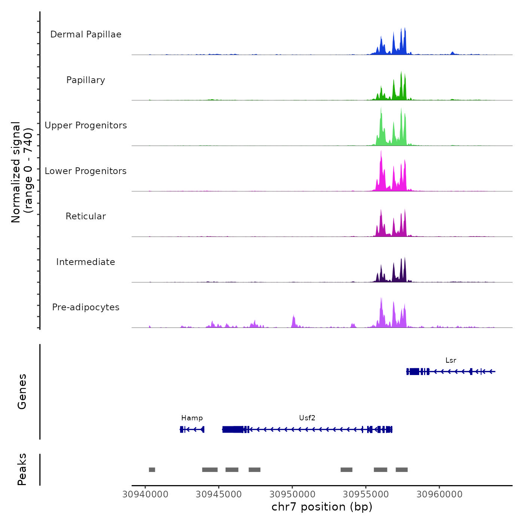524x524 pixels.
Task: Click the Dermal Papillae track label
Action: click(86, 34)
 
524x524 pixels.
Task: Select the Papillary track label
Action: click(86, 80)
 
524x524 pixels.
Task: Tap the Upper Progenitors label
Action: click(86, 125)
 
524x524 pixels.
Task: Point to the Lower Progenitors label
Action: click(86, 171)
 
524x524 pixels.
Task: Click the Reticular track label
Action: click(86, 216)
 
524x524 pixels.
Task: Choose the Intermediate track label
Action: click(86, 262)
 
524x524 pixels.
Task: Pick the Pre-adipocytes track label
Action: click(86, 307)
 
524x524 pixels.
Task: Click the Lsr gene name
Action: click(451, 360)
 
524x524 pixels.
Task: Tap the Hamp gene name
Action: click(192, 418)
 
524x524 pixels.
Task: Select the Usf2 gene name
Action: click(307, 418)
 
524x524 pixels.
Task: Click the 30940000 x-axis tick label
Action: click(146, 494)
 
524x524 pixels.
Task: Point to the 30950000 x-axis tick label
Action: click(293, 494)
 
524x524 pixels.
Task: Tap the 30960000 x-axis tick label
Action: click(439, 494)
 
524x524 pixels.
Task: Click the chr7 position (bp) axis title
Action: click(322, 507)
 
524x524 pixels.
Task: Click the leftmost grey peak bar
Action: click(152, 470)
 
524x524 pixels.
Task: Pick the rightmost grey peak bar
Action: click(402, 470)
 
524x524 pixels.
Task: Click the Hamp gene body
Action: click(192, 429)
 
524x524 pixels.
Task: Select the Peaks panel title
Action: click(22, 469)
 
